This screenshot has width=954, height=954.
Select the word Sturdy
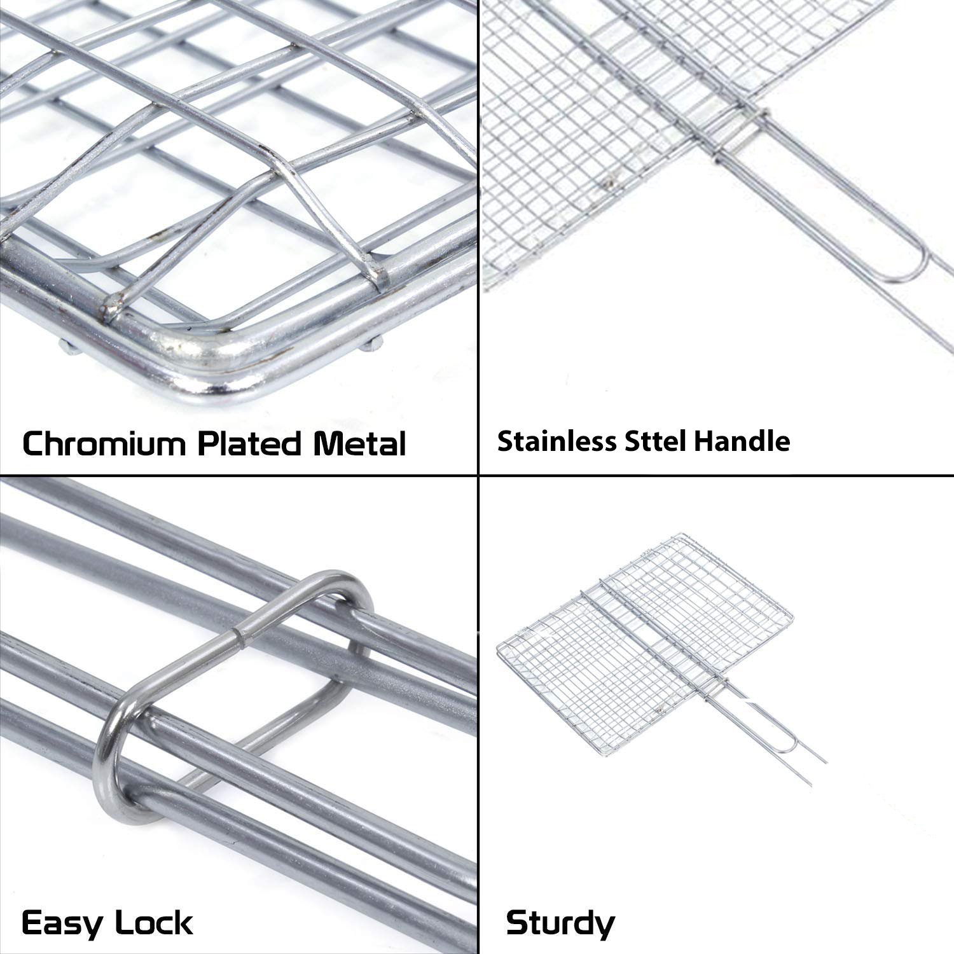(x=560, y=922)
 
